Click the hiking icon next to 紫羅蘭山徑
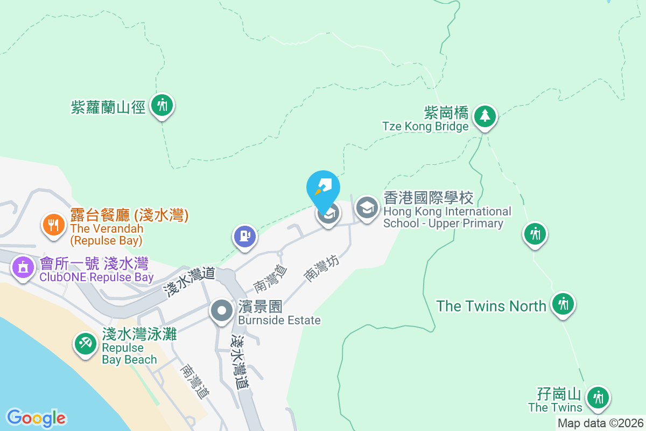click(162, 104)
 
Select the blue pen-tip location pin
click(323, 187)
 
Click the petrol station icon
click(245, 237)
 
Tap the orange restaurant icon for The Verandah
click(53, 225)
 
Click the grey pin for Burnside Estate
click(221, 311)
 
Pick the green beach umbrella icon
click(85, 344)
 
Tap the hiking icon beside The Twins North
click(563, 303)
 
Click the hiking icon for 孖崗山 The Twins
click(598, 398)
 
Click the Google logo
click(36, 418)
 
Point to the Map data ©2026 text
click(600, 423)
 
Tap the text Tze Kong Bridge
click(425, 127)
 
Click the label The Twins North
click(491, 306)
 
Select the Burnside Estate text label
click(279, 320)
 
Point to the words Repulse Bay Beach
click(130, 353)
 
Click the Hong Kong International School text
click(447, 217)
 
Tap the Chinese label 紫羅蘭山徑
click(109, 107)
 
